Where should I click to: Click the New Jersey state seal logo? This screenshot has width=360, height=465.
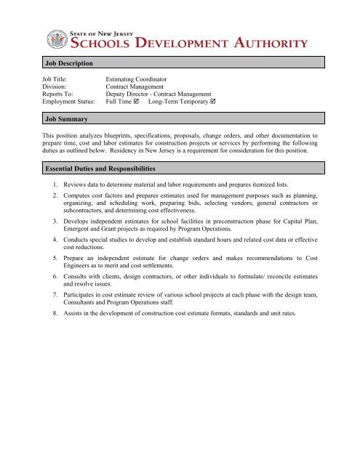(x=56, y=40)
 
